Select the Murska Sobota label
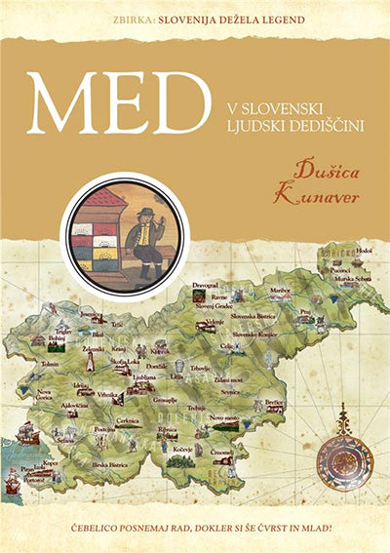pyautogui.click(x=343, y=280)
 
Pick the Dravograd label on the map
pyautogui.click(x=205, y=284)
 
